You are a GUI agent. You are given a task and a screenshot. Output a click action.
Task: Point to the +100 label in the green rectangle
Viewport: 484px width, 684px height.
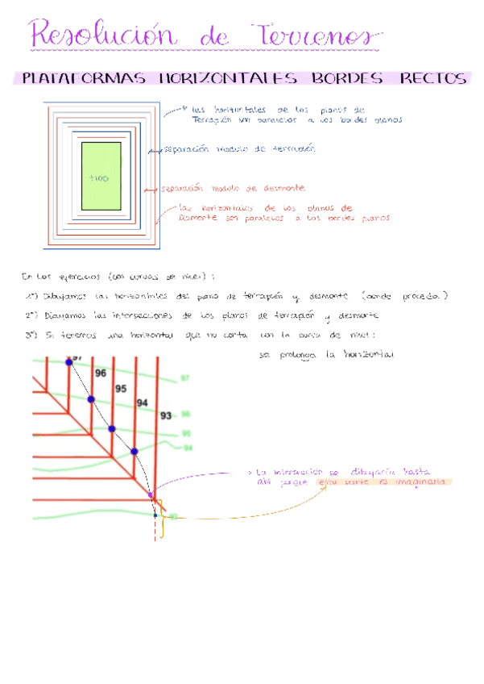coord(99,177)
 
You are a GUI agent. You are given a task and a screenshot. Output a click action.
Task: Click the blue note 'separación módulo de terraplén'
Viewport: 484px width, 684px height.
coord(238,149)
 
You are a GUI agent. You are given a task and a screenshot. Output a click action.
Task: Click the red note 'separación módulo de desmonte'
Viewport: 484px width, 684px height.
coord(233,188)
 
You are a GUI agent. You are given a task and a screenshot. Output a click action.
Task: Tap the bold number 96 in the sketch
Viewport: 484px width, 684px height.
coord(101,373)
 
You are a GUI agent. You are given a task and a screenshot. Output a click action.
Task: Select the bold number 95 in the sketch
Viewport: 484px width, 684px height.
coord(121,388)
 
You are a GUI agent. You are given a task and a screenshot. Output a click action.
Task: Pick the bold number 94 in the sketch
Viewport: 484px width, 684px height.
coord(143,402)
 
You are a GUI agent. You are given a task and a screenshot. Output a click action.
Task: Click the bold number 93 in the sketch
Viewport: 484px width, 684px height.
coord(165,415)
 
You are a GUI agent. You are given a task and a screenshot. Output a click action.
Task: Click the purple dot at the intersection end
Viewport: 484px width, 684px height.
coord(151,494)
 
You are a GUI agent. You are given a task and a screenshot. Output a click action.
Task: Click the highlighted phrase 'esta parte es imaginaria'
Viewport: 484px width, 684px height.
coord(383,482)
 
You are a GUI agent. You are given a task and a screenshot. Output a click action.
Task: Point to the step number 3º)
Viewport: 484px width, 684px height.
coord(31,334)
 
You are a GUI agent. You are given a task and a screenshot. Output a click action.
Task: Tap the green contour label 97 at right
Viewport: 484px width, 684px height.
coord(184,378)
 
